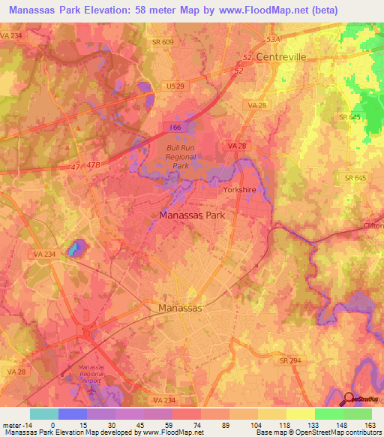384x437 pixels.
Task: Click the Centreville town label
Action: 282,57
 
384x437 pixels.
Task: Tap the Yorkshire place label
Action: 240,190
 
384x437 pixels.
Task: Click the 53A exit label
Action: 272,38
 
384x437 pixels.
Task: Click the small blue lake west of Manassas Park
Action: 75,248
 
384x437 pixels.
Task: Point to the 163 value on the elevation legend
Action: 370,424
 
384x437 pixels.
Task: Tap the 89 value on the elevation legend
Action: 214,424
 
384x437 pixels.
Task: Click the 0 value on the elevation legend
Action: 52,424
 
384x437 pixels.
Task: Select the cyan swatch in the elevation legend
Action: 44,414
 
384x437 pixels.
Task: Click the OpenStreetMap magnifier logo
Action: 349,399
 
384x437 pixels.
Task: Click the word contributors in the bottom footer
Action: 360,432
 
